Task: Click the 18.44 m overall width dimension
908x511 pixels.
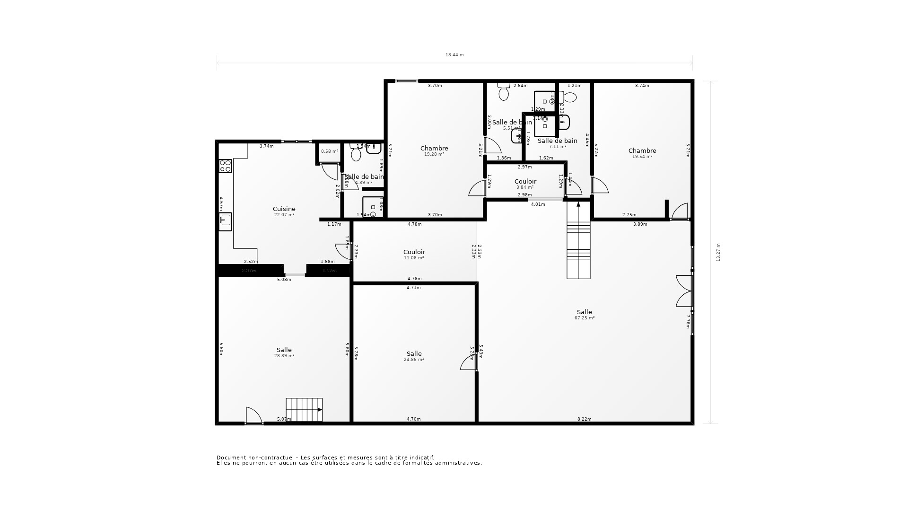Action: (x=454, y=55)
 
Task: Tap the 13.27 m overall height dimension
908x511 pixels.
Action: (x=718, y=253)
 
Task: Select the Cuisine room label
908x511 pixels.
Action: (x=284, y=209)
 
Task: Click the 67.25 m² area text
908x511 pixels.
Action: (x=585, y=318)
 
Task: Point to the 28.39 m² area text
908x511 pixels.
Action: (x=284, y=356)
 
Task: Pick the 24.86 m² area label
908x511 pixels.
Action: (x=414, y=360)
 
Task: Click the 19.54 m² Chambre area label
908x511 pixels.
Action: (x=642, y=157)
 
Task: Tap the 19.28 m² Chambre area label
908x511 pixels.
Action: (x=434, y=154)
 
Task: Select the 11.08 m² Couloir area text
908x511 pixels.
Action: (x=414, y=258)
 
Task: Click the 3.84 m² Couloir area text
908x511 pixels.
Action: (x=525, y=187)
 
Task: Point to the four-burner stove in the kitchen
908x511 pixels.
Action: (x=226, y=166)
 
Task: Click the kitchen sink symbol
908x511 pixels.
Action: (x=226, y=220)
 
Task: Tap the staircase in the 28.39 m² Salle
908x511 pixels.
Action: (x=304, y=410)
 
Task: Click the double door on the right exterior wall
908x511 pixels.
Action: (x=684, y=291)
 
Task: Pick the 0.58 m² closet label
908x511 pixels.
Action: (x=330, y=151)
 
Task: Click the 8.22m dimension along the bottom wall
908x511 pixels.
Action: (x=585, y=419)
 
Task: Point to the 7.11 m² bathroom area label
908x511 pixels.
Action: (x=558, y=147)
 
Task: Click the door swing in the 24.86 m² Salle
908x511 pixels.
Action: (x=468, y=362)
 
